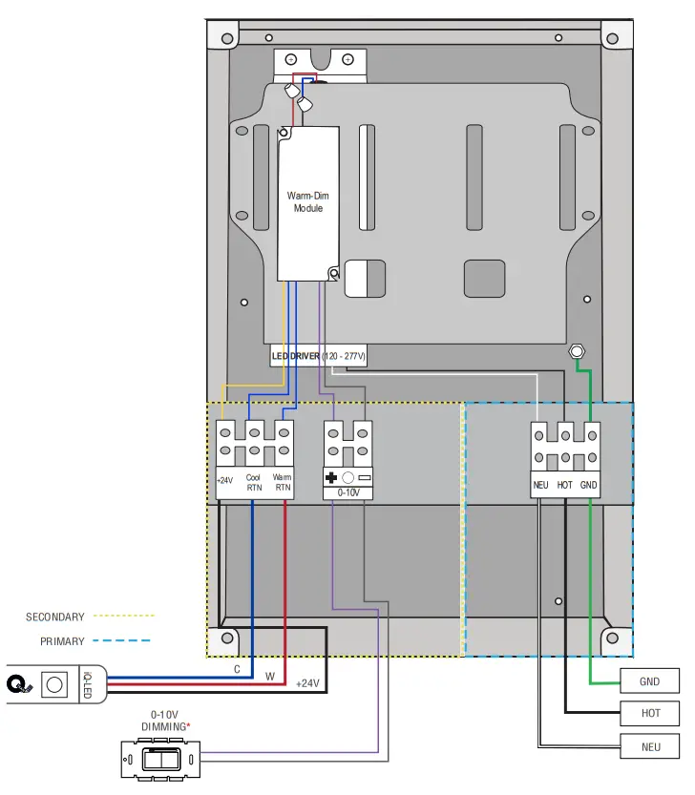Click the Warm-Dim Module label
click(307, 201)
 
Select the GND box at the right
click(650, 681)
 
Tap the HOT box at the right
click(650, 713)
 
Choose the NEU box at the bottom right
click(650, 746)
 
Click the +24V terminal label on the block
click(224, 481)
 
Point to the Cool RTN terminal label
click(253, 482)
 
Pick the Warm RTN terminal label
click(282, 482)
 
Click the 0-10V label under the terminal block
click(348, 493)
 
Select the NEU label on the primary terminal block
click(541, 485)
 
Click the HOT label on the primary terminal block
click(565, 485)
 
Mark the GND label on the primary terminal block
click(589, 485)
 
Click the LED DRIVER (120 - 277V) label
click(319, 356)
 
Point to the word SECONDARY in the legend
click(54, 617)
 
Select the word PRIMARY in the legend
click(62, 642)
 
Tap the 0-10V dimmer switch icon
click(160, 761)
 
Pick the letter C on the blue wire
click(237, 669)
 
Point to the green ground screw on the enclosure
click(577, 351)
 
